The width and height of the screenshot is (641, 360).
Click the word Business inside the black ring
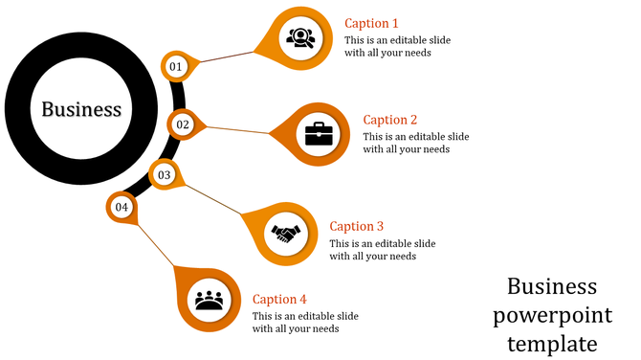[81, 109]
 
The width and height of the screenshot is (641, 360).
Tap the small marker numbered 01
[176, 66]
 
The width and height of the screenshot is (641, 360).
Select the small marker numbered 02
[183, 124]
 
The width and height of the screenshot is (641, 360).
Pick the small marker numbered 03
[165, 175]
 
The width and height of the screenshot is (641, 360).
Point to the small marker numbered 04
[122, 207]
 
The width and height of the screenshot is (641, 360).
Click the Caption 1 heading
[371, 23]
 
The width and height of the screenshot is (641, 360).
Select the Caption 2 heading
[390, 120]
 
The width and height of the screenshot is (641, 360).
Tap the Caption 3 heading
[356, 226]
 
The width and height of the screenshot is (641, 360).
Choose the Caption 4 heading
[280, 300]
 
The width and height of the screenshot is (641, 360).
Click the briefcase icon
[319, 133]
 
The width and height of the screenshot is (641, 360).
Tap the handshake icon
[285, 233]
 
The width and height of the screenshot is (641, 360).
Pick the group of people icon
[209, 301]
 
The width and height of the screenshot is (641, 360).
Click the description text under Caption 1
[396, 46]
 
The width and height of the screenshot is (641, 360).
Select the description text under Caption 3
[382, 249]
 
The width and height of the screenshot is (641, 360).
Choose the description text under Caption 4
[305, 323]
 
